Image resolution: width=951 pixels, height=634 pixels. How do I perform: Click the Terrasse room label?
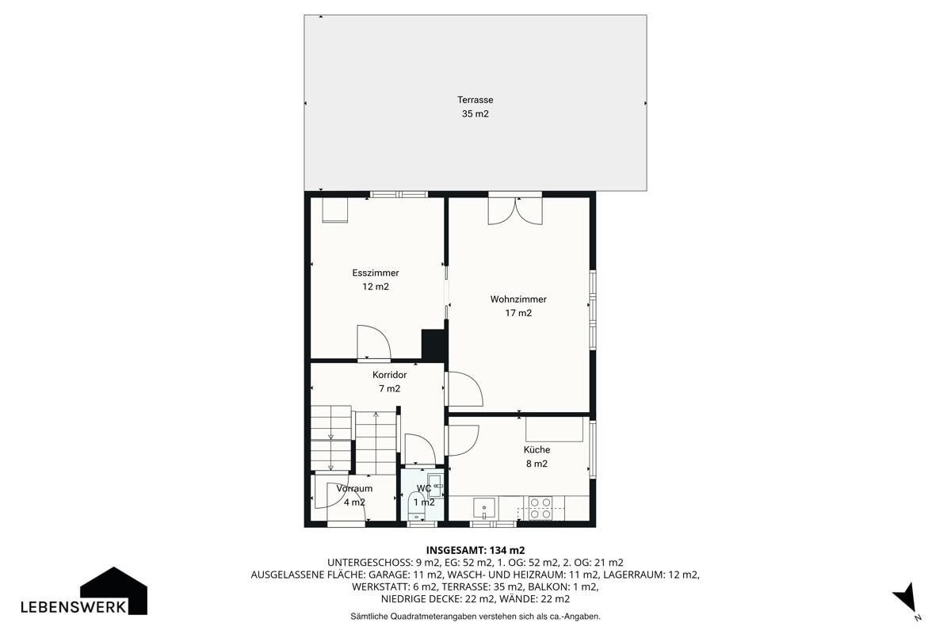(475, 100)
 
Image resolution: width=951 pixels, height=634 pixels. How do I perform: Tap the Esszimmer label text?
(376, 273)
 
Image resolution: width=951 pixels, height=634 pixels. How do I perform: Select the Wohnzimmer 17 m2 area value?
(518, 313)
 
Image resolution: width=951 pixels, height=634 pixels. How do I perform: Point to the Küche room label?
(537, 449)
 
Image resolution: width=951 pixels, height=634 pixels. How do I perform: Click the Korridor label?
(389, 375)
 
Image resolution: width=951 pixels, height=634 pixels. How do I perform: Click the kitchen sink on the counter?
(484, 508)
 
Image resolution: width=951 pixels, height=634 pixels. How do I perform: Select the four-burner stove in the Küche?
(540, 508)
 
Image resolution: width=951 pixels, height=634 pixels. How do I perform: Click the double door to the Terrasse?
(515, 209)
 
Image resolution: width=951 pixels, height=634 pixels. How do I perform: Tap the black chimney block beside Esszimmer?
(433, 345)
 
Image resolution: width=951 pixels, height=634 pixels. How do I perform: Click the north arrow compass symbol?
(906, 598)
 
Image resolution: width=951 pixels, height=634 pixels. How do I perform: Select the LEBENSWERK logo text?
(74, 607)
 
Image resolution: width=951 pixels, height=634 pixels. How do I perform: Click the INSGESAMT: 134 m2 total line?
(475, 550)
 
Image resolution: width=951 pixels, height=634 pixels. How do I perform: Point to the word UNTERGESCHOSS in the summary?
(369, 563)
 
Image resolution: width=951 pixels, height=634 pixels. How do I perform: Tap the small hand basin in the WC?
(435, 485)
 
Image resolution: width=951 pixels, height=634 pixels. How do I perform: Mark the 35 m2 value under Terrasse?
(475, 114)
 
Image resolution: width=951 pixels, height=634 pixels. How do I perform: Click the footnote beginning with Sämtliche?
(475, 616)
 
